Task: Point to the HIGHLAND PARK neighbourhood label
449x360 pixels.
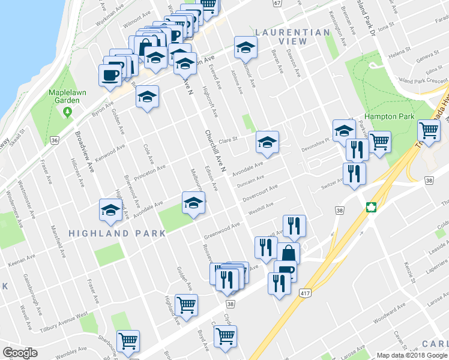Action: [x=117, y=233]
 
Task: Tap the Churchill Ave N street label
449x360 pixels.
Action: [x=214, y=152]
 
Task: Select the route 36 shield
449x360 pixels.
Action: [x=55, y=140]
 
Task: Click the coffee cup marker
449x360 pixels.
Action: [x=110, y=75]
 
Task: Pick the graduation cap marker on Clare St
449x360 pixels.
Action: [x=267, y=143]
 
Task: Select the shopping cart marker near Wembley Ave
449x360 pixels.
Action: [x=128, y=341]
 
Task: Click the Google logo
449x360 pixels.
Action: [x=20, y=353]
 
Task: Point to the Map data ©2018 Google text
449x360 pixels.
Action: [x=411, y=355]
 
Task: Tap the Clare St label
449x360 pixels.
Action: [x=229, y=139]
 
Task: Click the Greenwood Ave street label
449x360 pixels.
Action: [x=221, y=229]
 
